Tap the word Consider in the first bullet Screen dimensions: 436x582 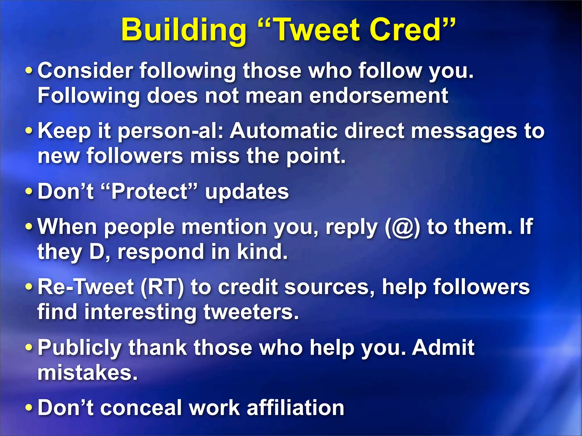pos(85,71)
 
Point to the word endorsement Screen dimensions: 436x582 pos(379,96)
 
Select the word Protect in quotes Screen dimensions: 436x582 pos(149,191)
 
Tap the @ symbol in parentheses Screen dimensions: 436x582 pos(402,227)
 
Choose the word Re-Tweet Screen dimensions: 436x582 pos(86,287)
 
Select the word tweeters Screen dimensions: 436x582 pos(251,312)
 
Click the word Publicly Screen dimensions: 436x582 pos(80,348)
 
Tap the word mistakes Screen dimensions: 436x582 pos(88,373)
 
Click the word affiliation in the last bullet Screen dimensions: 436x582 pos(295,408)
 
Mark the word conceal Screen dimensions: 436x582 pos(141,408)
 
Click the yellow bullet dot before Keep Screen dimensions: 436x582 pos(29,131)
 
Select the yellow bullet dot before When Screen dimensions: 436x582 pos(29,227)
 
